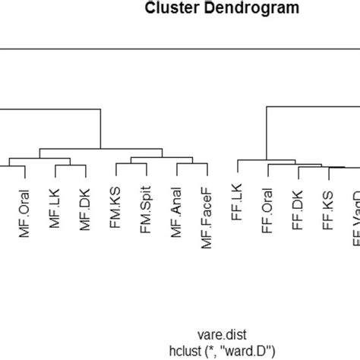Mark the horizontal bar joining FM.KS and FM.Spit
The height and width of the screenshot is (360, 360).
point(131,163)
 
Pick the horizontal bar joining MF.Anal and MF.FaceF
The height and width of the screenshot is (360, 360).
point(191,164)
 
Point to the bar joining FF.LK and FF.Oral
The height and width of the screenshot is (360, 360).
point(252,160)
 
